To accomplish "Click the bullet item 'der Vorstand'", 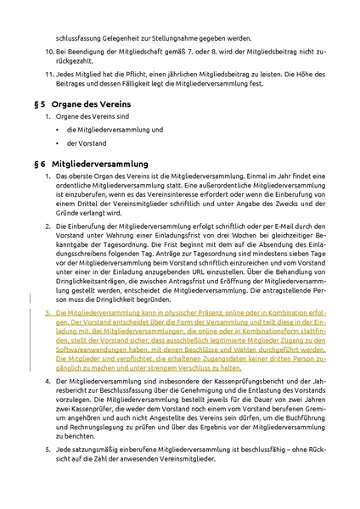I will tap(84, 143).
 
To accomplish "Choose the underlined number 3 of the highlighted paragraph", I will tap(48, 312).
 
